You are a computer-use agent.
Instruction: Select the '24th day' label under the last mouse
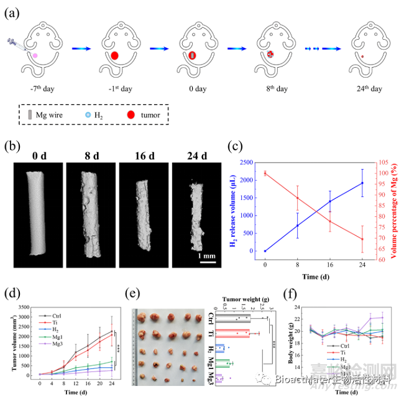(369, 88)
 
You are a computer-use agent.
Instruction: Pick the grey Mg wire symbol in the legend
(30, 115)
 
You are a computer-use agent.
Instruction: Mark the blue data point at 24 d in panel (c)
(362, 183)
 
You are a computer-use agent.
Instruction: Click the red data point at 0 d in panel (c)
(265, 173)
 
